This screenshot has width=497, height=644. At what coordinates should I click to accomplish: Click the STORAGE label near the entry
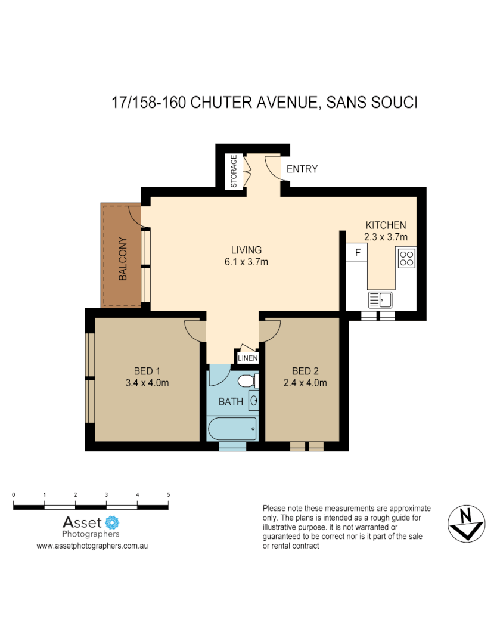point(234,171)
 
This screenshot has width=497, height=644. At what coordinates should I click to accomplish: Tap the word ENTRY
point(302,169)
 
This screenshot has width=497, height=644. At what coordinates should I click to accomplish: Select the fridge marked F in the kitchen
point(358,253)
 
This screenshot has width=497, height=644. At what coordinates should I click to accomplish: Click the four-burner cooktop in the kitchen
point(407,258)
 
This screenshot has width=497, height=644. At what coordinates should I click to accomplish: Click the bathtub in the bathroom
point(232,428)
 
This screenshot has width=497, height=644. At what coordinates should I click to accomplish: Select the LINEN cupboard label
point(248,358)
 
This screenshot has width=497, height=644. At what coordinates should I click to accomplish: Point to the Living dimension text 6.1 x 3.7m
point(247,262)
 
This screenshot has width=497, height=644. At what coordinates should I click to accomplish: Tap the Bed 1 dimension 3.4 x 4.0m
point(147,383)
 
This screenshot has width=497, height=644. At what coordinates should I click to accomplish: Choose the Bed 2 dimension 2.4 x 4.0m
point(305,383)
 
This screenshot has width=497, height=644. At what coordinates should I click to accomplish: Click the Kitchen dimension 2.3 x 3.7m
point(386,237)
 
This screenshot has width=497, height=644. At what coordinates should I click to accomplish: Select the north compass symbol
point(465,523)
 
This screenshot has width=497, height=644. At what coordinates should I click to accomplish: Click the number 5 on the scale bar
point(169,495)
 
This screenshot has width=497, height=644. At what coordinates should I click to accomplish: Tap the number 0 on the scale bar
point(14,495)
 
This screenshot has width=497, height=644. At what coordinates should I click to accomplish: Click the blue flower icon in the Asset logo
point(112,523)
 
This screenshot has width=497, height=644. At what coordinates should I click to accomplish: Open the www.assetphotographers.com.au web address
point(92,546)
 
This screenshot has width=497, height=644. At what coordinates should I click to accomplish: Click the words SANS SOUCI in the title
point(373,103)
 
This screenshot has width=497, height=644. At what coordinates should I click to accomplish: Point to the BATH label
point(231,402)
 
